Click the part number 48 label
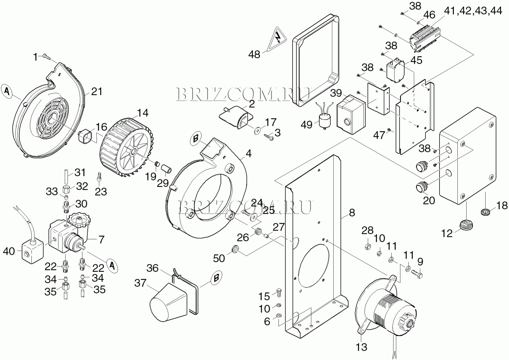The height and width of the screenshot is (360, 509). (254, 54)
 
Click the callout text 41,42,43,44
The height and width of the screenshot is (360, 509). (473, 11)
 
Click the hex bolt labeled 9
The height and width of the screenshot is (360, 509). (417, 274)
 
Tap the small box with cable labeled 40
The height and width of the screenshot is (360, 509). (32, 251)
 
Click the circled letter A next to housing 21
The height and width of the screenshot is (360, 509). (7, 91)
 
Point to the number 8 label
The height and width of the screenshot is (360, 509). (352, 213)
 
